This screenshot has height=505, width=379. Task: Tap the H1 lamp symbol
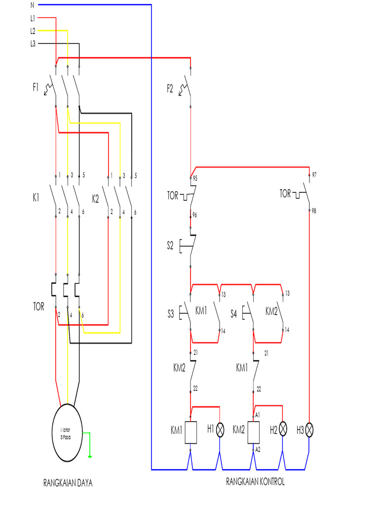[x=220, y=430]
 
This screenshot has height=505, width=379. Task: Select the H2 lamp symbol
[x=283, y=430]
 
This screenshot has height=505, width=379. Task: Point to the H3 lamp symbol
[x=309, y=430]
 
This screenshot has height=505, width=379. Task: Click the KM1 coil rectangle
[x=191, y=432]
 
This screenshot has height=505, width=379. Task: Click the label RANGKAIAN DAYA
[x=68, y=483]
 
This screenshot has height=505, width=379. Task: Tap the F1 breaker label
[x=36, y=88]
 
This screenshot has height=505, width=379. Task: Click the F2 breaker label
[x=170, y=89]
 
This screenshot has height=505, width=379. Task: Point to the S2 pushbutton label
[x=170, y=245]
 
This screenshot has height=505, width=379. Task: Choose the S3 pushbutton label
[x=170, y=313]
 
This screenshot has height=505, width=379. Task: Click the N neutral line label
[x=33, y=5]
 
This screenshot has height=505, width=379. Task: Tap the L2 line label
[x=33, y=31]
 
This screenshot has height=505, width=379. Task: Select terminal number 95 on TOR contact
[x=195, y=179]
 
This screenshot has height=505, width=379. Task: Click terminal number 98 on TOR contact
[x=314, y=211]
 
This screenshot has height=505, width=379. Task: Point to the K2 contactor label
[x=96, y=199]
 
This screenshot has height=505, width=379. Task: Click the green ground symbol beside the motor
[x=89, y=456]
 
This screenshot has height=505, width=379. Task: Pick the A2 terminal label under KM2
[x=258, y=450]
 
